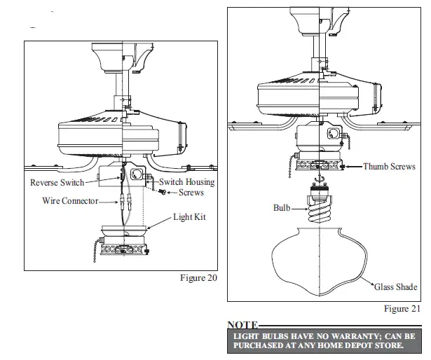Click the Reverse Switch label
(x=57, y=183)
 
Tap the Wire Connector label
(x=68, y=201)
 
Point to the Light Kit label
(x=190, y=218)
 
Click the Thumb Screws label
(x=390, y=167)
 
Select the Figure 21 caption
(x=402, y=308)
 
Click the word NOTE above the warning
(x=242, y=326)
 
